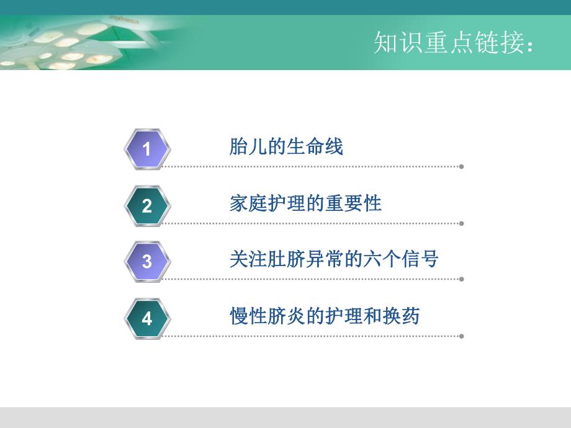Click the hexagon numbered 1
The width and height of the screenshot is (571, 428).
pos(147,149)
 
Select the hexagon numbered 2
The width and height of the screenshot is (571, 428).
pos(147,205)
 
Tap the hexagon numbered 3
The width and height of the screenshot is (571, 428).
pos(147,261)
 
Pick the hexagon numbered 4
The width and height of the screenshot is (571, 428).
pos(147,318)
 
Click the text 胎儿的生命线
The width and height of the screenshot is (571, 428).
pos(286,148)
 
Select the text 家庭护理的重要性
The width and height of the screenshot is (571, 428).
pos(305,203)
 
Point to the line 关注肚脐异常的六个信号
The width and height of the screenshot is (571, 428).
pos(334,259)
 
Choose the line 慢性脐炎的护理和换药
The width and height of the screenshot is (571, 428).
pos(325,316)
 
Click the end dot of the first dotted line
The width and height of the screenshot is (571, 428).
pos(461,166)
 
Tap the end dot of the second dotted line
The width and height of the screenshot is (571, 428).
pos(461,223)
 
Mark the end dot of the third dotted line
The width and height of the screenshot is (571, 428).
pos(461,279)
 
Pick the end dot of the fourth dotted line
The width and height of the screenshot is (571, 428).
pos(461,336)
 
